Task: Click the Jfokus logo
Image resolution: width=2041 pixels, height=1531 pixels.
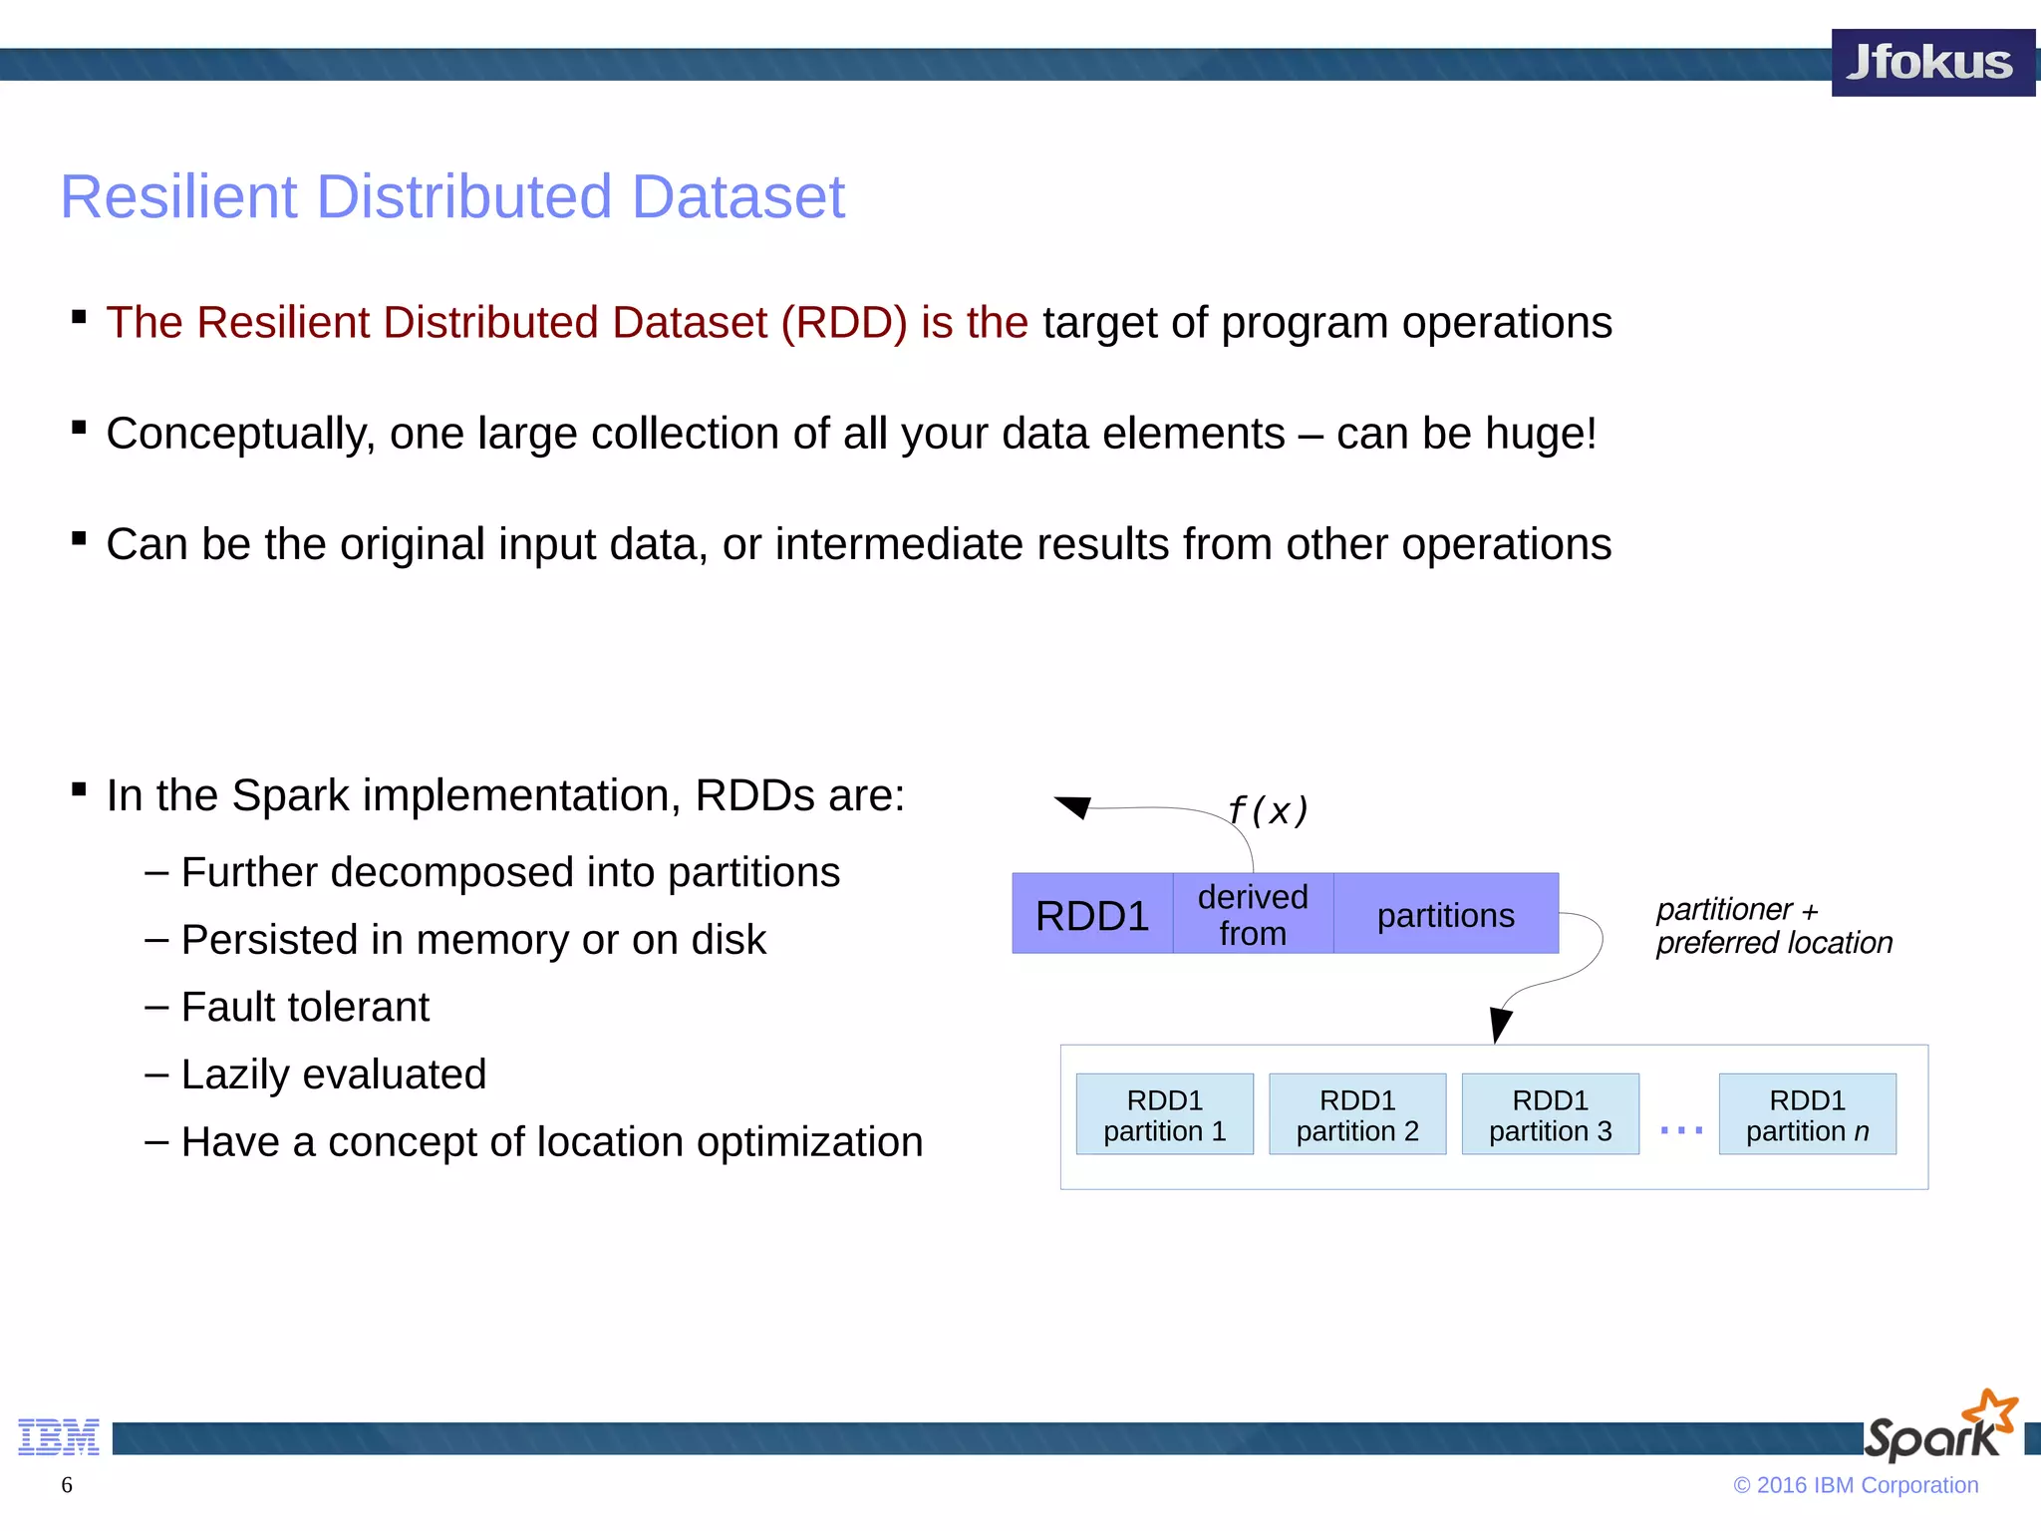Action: tap(1931, 63)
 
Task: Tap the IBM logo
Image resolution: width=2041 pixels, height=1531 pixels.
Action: tap(59, 1437)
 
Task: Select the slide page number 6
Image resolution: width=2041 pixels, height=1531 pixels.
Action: tap(67, 1485)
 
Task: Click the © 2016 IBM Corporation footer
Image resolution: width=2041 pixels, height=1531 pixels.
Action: tap(1855, 1485)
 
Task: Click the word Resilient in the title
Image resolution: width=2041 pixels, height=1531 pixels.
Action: tap(178, 196)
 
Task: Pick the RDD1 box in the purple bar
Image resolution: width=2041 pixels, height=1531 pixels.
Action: tap(1092, 915)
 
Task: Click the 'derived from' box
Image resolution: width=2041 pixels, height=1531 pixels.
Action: tap(1253, 915)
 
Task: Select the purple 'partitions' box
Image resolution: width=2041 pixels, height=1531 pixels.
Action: tap(1445, 915)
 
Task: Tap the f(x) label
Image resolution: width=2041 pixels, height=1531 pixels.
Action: tap(1268, 810)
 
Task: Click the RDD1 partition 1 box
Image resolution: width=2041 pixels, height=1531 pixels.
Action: tap(1164, 1114)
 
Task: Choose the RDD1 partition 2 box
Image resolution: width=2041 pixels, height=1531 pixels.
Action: tap(1356, 1114)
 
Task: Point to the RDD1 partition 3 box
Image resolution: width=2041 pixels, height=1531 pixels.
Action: tap(1550, 1114)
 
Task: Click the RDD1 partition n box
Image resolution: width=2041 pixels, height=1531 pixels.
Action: tap(1807, 1114)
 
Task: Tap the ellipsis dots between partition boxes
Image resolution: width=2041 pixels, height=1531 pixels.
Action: tap(1681, 1130)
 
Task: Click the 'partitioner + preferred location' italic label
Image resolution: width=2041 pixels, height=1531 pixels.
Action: tap(1773, 926)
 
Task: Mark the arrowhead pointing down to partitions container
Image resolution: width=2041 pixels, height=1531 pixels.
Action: tap(1499, 1024)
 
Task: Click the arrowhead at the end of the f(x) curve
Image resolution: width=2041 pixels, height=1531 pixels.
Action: tap(1074, 805)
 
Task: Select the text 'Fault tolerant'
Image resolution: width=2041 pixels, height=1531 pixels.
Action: tap(305, 1007)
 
